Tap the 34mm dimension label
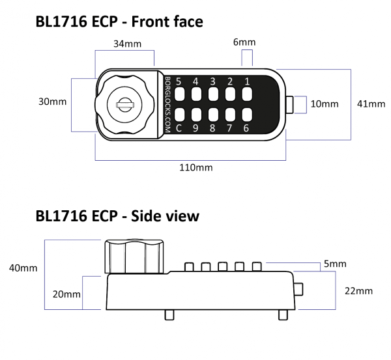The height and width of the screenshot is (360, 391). [124, 44]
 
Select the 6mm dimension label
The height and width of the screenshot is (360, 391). [245, 42]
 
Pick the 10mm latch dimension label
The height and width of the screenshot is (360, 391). [324, 104]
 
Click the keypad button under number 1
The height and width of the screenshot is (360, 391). [247, 95]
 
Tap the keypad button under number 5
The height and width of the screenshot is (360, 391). [179, 95]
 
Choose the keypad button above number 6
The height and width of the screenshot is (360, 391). [247, 115]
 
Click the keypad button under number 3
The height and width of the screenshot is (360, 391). [212, 95]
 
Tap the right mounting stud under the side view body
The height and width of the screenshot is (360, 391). [283, 314]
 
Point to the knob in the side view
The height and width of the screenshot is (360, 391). [133, 256]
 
